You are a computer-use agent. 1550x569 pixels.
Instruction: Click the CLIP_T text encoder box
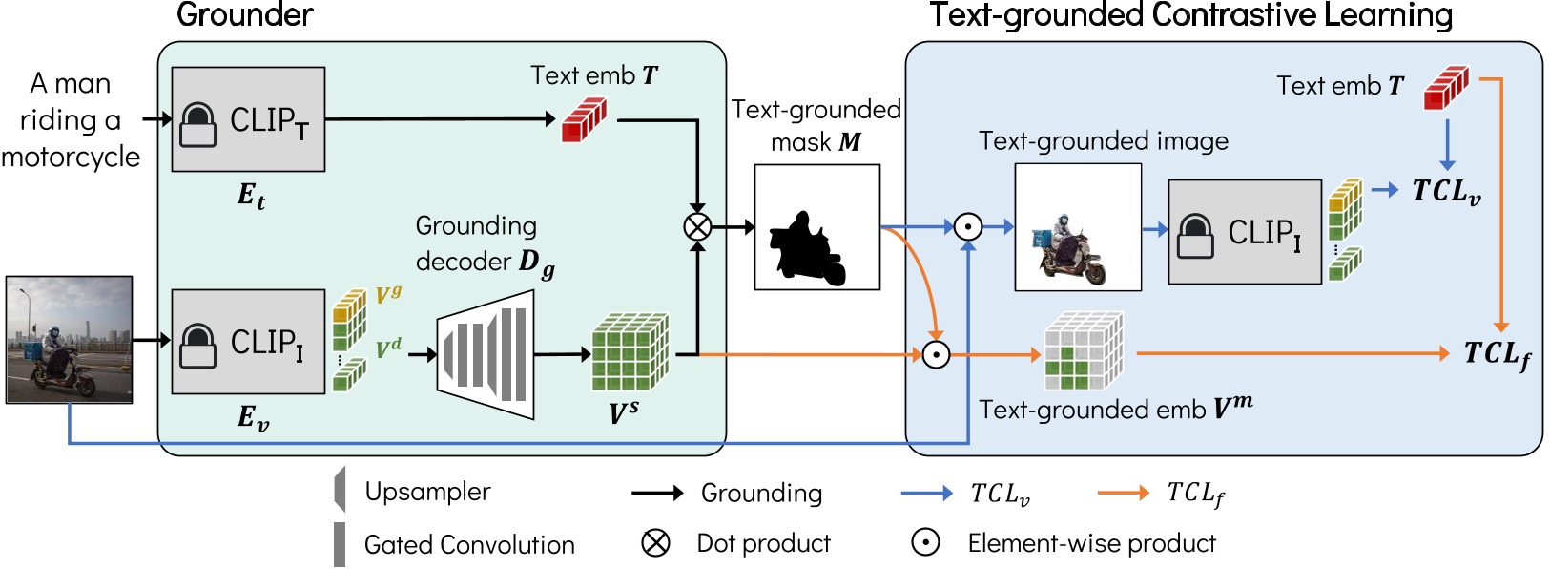point(248,119)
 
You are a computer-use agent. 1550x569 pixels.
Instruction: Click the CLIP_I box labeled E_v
point(248,342)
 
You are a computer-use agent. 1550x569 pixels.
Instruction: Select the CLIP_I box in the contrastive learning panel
point(1245,232)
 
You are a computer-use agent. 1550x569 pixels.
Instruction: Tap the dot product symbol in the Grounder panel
point(697,227)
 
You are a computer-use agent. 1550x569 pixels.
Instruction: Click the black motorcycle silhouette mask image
point(816,227)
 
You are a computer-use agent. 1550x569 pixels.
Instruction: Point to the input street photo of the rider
point(69,340)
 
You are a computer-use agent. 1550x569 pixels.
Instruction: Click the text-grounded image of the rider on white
point(1078,227)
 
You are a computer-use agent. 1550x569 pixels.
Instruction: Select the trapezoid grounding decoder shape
point(486,355)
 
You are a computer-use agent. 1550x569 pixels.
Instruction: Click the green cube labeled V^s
point(630,353)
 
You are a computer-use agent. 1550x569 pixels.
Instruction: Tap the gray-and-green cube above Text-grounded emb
point(1083,352)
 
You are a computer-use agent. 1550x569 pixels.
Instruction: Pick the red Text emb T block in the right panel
point(1446,87)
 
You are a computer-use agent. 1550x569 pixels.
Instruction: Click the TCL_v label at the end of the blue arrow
point(1446,192)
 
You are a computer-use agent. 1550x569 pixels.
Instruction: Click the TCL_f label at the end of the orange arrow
point(1497,354)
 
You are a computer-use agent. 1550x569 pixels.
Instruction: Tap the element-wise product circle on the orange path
point(936,355)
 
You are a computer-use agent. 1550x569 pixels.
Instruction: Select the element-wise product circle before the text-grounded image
point(968,227)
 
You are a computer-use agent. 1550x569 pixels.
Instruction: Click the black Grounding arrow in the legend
point(657,493)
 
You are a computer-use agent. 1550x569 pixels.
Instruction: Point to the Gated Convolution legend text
point(469,544)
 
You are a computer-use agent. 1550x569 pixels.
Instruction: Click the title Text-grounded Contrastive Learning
point(1190,15)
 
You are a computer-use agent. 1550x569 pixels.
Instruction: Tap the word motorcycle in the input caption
point(71,157)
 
